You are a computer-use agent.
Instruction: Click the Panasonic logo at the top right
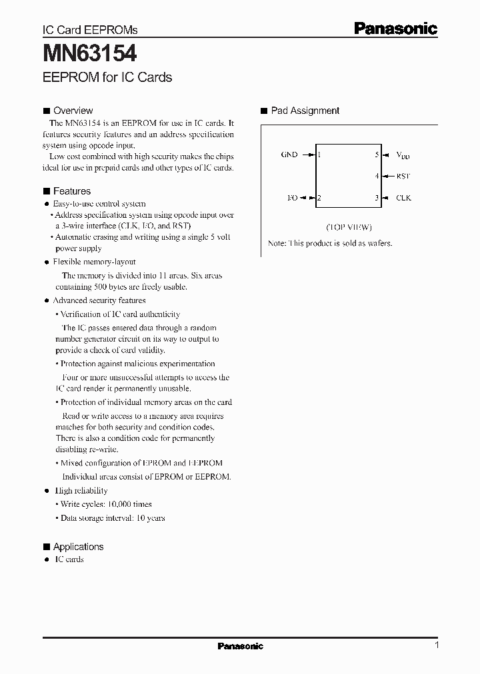[395, 28]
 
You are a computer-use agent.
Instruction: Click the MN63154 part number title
[91, 53]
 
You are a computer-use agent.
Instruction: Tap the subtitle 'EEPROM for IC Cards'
[107, 77]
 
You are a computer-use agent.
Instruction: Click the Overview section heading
[73, 111]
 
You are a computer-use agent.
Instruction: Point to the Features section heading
[71, 191]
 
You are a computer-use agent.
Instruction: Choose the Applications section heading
[78, 547]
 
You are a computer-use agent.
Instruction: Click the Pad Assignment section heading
[305, 111]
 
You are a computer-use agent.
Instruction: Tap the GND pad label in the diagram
[289, 155]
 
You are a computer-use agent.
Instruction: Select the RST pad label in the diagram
[403, 176]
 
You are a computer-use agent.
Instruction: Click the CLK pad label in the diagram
[403, 198]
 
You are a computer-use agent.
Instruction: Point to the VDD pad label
[403, 155]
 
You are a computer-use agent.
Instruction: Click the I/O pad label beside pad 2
[291, 198]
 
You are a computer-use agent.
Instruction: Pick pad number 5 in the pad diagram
[377, 155]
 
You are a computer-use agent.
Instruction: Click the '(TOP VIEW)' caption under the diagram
[349, 226]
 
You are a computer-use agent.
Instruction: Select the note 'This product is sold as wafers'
[330, 243]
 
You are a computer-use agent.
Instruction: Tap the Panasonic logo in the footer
[241, 646]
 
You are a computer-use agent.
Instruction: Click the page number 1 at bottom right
[436, 645]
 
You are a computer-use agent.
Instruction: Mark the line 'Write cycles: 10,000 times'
[106, 504]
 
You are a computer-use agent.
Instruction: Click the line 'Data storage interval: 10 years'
[113, 517]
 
